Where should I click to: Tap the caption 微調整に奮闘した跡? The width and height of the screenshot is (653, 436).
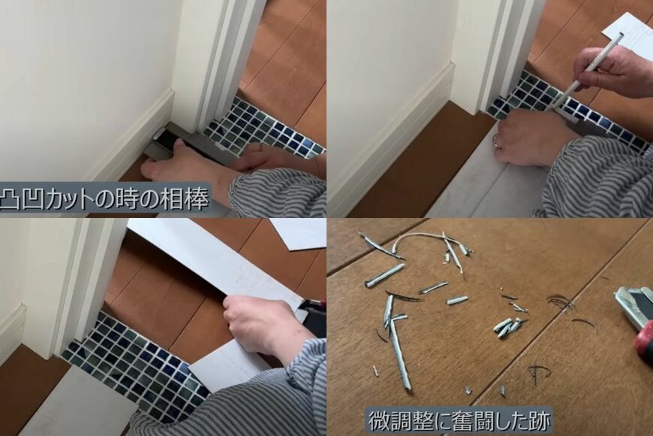459,419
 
